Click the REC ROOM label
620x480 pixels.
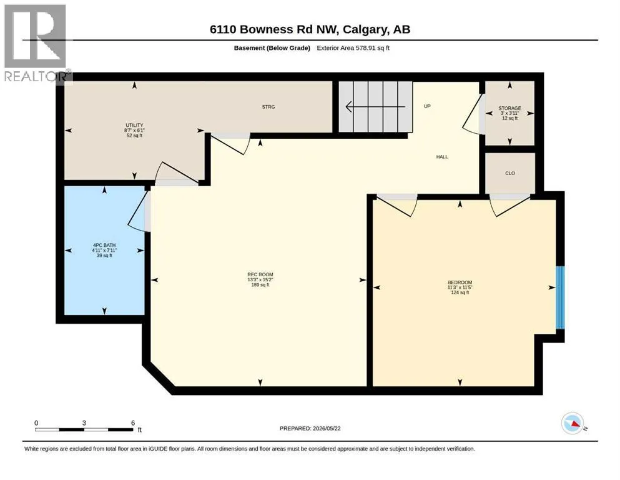(260, 274)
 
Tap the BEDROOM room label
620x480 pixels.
(460, 282)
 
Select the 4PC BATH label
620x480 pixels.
(104, 246)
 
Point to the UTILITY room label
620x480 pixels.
(134, 125)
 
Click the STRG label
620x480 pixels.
(268, 107)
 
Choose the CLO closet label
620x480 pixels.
(510, 173)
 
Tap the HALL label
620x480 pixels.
(442, 157)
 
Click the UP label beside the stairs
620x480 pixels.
(428, 106)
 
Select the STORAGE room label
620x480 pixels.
(509, 108)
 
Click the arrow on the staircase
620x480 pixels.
(376, 106)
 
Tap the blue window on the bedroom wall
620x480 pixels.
(560, 297)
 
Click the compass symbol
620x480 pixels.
(573, 423)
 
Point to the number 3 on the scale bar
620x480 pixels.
(84, 422)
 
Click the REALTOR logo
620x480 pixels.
(37, 44)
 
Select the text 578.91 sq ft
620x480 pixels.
(367, 48)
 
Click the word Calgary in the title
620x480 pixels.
(365, 29)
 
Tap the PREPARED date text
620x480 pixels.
(310, 428)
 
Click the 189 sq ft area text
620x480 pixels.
(260, 285)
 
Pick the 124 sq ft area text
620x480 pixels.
(460, 292)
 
